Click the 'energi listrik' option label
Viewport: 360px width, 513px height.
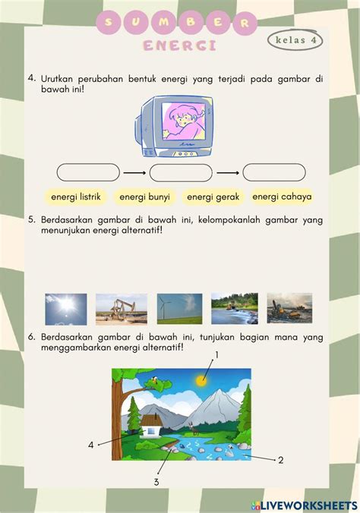(x=76, y=197)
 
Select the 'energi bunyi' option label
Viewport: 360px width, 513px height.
(x=144, y=197)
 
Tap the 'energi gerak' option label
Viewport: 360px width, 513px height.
(x=213, y=197)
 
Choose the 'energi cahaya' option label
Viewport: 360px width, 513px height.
(x=282, y=197)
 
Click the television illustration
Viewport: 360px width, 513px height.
(x=174, y=126)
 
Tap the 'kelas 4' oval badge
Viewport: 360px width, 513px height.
(x=295, y=40)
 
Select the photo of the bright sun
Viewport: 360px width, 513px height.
(x=66, y=309)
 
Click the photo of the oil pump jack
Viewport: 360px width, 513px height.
(x=122, y=309)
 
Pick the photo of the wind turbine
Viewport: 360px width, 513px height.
(x=179, y=309)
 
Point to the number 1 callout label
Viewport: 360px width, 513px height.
(x=216, y=354)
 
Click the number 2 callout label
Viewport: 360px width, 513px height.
(x=281, y=460)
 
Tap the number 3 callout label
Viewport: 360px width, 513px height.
(x=156, y=482)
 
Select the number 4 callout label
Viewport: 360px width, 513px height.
(x=91, y=445)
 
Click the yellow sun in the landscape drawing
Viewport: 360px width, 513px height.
(x=201, y=380)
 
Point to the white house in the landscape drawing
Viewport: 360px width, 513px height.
(x=150, y=425)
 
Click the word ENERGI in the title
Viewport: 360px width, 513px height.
(x=180, y=46)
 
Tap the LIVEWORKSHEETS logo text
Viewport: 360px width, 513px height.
(x=305, y=505)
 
